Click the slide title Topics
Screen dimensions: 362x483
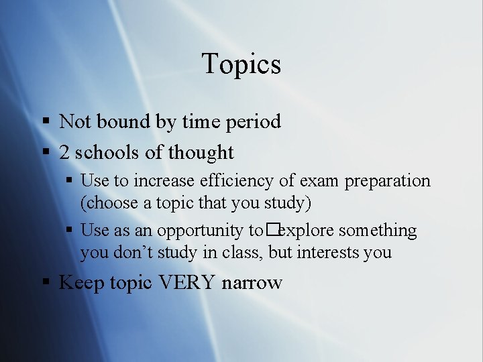click(x=241, y=64)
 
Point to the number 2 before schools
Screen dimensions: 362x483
click(x=64, y=153)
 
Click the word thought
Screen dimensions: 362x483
click(x=201, y=153)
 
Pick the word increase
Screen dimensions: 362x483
click(x=163, y=181)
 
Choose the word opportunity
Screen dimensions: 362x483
click(x=202, y=231)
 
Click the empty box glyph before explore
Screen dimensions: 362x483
click(x=270, y=231)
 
